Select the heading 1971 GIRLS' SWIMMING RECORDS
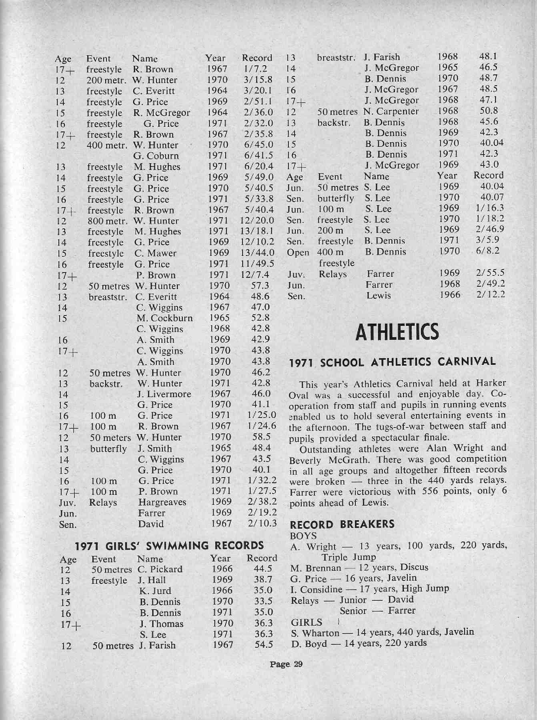pyautogui.click(x=170, y=546)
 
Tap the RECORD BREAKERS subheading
pyautogui.click(x=342, y=524)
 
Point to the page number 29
pyautogui.click(x=286, y=664)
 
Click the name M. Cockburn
pyautogui.click(x=164, y=318)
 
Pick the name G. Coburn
pyautogui.click(x=156, y=156)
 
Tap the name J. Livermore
pyautogui.click(x=164, y=394)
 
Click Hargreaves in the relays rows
pyautogui.click(x=162, y=502)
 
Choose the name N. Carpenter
pyautogui.click(x=391, y=111)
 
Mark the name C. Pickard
pyautogui.click(x=160, y=569)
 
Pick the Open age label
pyautogui.click(x=298, y=253)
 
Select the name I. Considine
pyautogui.click(x=317, y=589)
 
